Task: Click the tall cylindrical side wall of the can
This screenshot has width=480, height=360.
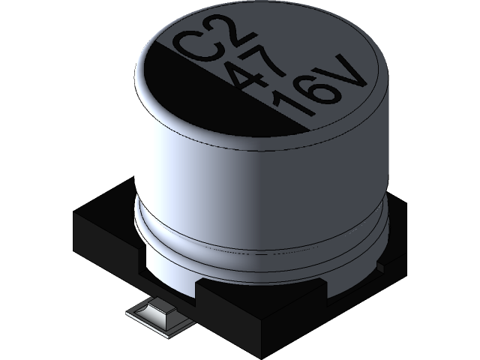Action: (225, 172)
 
